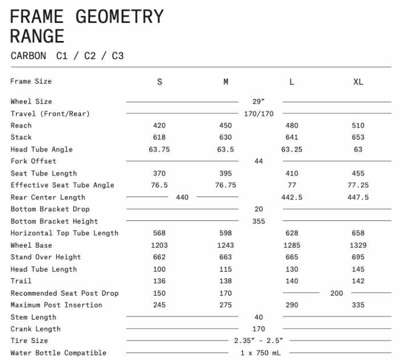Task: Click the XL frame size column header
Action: point(358,82)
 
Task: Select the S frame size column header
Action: point(159,82)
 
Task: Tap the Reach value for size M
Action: point(225,125)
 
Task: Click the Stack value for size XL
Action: point(358,137)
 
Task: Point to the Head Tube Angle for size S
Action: point(159,149)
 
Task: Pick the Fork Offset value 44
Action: point(258,161)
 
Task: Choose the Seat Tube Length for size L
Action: point(291,173)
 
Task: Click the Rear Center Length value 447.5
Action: point(358,197)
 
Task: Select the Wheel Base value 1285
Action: point(291,245)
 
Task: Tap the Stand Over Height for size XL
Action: point(358,257)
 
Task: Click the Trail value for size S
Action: point(159,281)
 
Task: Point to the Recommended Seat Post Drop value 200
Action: point(336,293)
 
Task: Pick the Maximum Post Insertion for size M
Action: point(225,305)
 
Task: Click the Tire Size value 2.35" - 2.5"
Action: point(258,341)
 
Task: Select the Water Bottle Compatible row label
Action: point(58,353)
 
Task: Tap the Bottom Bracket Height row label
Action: point(54,221)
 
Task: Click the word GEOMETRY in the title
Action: point(119,17)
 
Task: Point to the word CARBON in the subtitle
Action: point(29,56)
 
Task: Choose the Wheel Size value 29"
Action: point(258,101)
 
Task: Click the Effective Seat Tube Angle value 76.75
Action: point(225,185)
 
